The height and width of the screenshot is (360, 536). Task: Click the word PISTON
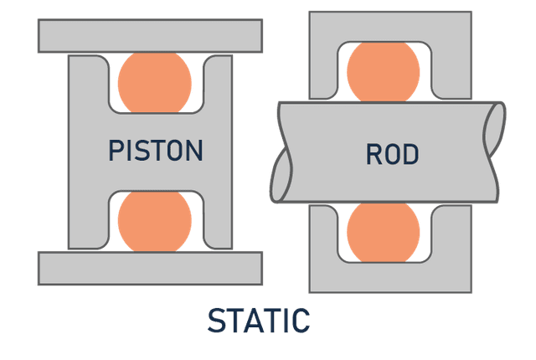click(x=156, y=151)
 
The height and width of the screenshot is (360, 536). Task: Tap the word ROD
click(x=392, y=154)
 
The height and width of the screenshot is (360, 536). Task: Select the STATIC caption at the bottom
click(x=259, y=321)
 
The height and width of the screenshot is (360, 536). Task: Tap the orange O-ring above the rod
click(x=383, y=71)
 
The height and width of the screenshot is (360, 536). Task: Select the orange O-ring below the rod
click(x=383, y=232)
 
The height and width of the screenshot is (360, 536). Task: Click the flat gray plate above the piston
click(x=151, y=36)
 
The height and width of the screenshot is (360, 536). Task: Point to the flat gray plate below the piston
click(x=151, y=266)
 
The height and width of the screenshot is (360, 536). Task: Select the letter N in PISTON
click(x=194, y=151)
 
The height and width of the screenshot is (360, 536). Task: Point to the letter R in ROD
click(x=374, y=154)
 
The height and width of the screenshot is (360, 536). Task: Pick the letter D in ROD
click(x=410, y=154)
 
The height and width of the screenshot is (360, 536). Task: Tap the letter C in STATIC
click(x=301, y=321)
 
